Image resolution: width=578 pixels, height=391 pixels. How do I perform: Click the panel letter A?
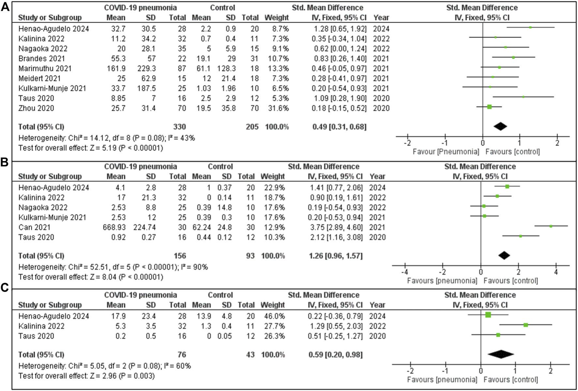(x=5, y=7)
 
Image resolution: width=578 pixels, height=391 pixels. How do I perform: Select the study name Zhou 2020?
(x=36, y=108)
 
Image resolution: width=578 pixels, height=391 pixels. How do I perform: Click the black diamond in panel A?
(x=500, y=127)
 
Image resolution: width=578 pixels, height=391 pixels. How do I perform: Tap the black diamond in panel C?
(x=501, y=354)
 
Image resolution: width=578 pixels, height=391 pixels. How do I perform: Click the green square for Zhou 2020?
(x=489, y=107)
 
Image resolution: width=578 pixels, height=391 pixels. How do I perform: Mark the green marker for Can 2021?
(x=551, y=226)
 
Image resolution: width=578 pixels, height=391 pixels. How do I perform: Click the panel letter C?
(x=5, y=288)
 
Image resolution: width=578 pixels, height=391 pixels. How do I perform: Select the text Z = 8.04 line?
(x=91, y=277)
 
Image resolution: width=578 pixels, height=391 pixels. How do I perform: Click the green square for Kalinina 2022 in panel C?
(x=526, y=325)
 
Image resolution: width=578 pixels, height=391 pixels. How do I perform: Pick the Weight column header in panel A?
(x=277, y=18)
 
